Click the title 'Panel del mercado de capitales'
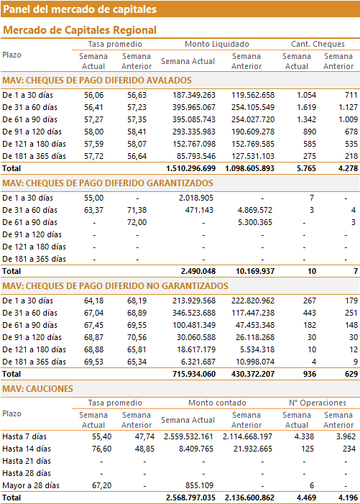(80, 9)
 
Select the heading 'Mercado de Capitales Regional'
(80, 30)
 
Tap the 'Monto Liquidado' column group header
(217, 44)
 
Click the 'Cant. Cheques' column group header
(318, 44)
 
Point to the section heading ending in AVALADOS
(97, 81)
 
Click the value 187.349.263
(194, 95)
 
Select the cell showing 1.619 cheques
(306, 107)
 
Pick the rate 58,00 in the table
(94, 132)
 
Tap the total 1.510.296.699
(190, 168)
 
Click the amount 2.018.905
(196, 198)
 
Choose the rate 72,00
(137, 222)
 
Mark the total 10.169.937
(255, 271)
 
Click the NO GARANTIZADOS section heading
(115, 286)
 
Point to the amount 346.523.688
(194, 313)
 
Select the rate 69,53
(94, 362)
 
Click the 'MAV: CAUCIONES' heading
(37, 389)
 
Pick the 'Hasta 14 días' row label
(27, 449)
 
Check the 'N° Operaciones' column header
(318, 403)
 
